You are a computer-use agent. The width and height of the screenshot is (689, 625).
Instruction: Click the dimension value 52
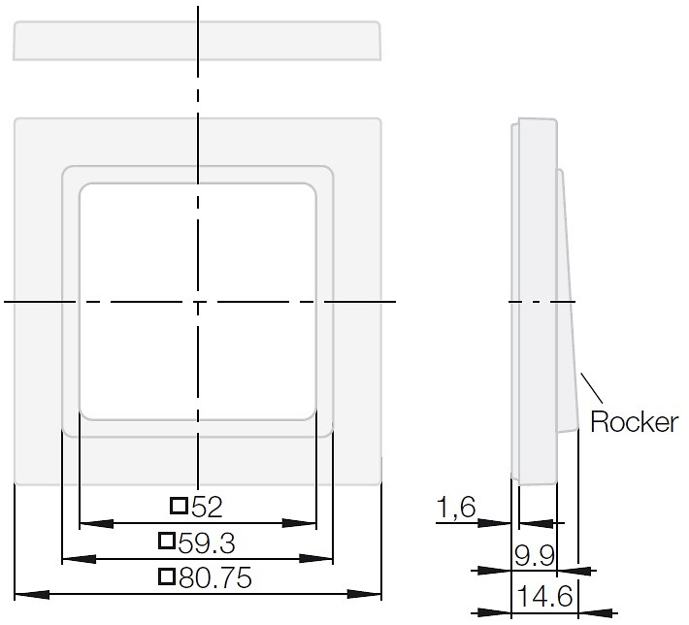(207, 508)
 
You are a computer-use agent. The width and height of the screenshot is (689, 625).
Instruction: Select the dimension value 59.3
(207, 543)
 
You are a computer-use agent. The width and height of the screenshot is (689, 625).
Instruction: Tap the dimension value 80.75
(215, 578)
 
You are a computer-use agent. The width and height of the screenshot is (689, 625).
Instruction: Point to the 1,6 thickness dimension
(456, 507)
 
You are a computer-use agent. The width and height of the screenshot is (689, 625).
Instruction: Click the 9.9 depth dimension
(535, 556)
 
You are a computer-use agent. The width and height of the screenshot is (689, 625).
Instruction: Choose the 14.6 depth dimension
(544, 597)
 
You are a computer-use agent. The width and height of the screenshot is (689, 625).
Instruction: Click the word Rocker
(634, 421)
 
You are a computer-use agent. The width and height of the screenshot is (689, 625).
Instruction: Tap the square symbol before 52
(179, 506)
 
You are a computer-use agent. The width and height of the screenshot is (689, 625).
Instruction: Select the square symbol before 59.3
(167, 541)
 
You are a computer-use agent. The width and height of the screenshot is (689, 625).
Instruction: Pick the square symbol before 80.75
(167, 576)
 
